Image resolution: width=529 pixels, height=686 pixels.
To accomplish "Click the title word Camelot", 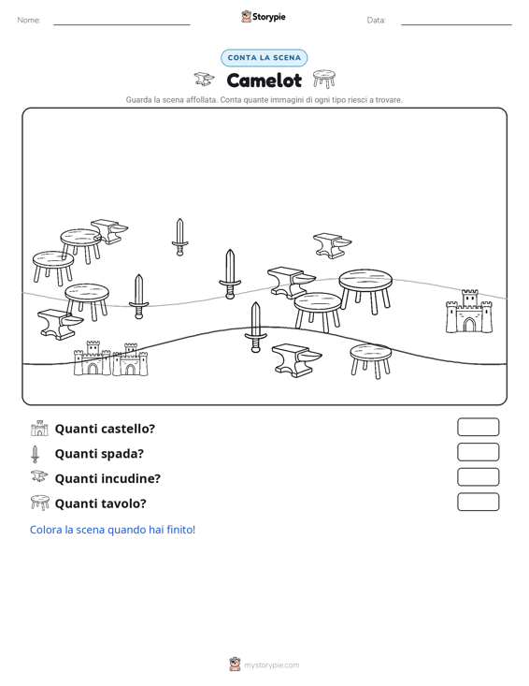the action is (264, 80).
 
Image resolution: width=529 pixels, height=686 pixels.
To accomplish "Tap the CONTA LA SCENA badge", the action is (264, 58).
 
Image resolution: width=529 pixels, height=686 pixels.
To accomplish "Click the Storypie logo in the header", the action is (264, 17).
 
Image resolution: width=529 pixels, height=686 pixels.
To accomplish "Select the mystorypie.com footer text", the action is (271, 665).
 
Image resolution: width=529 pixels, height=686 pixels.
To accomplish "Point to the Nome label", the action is (29, 21).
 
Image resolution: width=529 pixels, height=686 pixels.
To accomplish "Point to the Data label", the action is (376, 21).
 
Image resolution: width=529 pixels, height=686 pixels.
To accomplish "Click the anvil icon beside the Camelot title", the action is (204, 80).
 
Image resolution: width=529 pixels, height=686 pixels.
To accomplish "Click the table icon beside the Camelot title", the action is (324, 79).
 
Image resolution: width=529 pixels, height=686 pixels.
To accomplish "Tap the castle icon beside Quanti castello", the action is (39, 429).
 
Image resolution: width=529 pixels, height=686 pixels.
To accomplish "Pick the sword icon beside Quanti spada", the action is (35, 454).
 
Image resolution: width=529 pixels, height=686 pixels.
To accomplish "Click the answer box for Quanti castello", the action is (478, 427).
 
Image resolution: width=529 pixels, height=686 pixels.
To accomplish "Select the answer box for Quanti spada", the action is (478, 452).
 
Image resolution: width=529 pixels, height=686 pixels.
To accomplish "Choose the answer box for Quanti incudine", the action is (478, 477).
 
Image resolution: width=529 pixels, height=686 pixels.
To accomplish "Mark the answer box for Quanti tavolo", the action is (478, 502).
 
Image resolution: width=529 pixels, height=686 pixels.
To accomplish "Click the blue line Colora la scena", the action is (112, 530).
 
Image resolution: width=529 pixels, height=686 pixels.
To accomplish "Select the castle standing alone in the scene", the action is (469, 311).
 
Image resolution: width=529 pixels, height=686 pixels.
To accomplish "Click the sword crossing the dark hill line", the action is (255, 327).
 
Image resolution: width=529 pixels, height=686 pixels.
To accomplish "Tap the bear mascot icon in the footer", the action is (235, 664).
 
